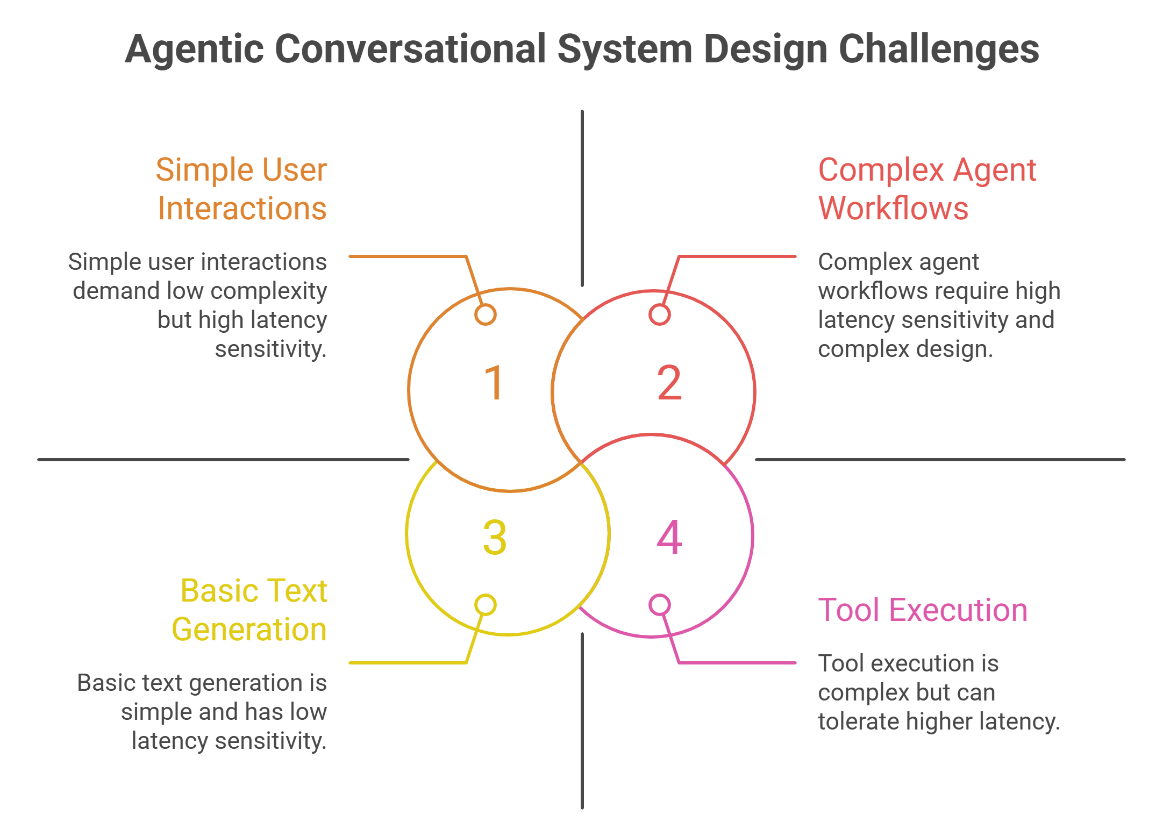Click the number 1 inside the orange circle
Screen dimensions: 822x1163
point(494,383)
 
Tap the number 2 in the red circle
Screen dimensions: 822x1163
point(669,383)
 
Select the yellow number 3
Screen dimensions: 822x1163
point(495,537)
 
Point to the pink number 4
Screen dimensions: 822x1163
point(669,537)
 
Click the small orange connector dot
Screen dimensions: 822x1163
point(485,314)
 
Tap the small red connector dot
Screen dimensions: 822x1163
point(659,314)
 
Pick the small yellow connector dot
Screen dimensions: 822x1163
point(485,605)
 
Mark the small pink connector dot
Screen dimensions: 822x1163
point(659,605)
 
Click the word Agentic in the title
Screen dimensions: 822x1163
point(194,49)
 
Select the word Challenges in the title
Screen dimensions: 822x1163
point(938,49)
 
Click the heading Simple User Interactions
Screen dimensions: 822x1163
point(241,189)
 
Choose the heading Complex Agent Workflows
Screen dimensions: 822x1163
point(926,189)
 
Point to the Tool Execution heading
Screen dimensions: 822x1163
point(923,610)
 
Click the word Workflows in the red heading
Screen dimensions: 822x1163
point(893,209)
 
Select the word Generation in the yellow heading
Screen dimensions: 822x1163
point(249,630)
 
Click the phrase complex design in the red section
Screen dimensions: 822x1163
point(905,349)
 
